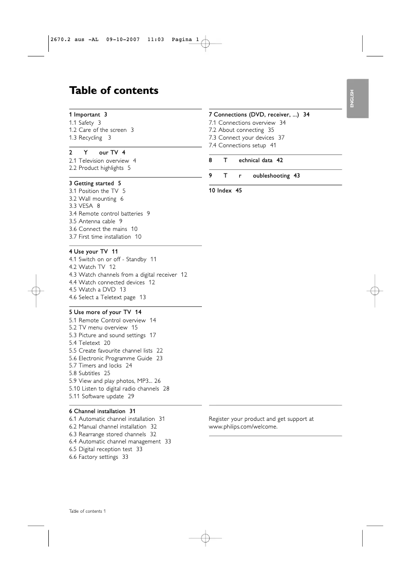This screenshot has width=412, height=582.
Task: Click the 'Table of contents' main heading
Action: pyautogui.click(x=114, y=91)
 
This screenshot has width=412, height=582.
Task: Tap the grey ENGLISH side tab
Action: pyautogui.click(x=357, y=99)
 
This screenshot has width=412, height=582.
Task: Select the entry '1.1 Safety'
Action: pyautogui.click(x=85, y=123)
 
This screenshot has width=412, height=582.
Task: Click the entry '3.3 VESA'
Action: pyautogui.click(x=84, y=206)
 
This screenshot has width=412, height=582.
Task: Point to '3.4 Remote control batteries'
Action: pyautogui.click(x=109, y=214)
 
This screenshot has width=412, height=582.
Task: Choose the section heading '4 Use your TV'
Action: pyautogui.click(x=93, y=251)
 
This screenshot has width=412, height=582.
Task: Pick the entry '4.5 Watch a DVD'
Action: pyautogui.click(x=97, y=289)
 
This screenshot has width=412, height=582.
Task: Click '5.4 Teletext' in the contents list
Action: pyautogui.click(x=89, y=343)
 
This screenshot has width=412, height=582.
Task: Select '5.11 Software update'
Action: pyautogui.click(x=101, y=396)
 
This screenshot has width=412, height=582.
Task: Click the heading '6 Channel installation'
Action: pyautogui.click(x=102, y=411)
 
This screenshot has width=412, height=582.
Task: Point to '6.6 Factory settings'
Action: pyautogui.click(x=98, y=457)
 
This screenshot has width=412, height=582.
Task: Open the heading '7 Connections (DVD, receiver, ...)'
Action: pyautogui.click(x=259, y=114)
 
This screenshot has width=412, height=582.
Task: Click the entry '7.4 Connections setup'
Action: pyautogui.click(x=242, y=145)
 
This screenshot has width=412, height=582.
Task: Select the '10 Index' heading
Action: pyautogui.click(x=225, y=190)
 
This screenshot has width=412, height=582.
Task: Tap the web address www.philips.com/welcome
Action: pyautogui.click(x=243, y=426)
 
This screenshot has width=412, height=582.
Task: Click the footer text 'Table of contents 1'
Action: pyautogui.click(x=87, y=511)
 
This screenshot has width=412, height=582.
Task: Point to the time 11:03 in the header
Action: pyautogui.click(x=155, y=40)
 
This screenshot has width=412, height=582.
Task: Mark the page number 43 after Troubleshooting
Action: pyautogui.click(x=296, y=176)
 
